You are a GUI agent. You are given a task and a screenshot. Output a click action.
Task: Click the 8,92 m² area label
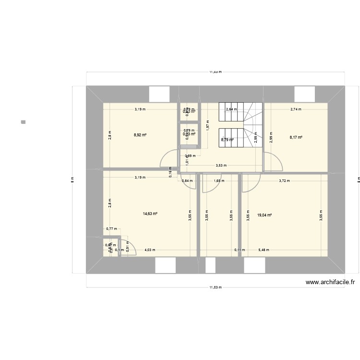click(x=140, y=135)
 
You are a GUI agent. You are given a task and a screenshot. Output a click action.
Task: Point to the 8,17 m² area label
click(x=296, y=137)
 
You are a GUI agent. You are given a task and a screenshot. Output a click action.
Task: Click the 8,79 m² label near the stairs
click(x=227, y=140)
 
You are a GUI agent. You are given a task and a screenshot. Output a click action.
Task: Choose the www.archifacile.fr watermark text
click(x=330, y=283)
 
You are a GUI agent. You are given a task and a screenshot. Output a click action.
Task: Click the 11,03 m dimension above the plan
click(x=215, y=72)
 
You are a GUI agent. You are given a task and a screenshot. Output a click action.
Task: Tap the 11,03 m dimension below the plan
click(x=215, y=287)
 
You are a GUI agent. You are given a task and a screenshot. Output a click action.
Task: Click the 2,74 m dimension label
click(x=296, y=109)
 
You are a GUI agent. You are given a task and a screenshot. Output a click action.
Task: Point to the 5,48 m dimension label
click(x=264, y=250)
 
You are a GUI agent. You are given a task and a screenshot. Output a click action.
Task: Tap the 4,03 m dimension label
click(x=150, y=250)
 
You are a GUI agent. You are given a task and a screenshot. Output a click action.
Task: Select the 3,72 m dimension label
click(x=285, y=181)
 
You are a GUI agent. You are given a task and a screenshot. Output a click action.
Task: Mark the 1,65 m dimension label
click(x=219, y=181)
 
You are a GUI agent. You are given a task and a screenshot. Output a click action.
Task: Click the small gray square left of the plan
click(x=23, y=122)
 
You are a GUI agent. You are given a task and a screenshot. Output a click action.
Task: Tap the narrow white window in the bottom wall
click(x=210, y=265)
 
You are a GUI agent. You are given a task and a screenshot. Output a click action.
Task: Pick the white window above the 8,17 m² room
click(x=304, y=95)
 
